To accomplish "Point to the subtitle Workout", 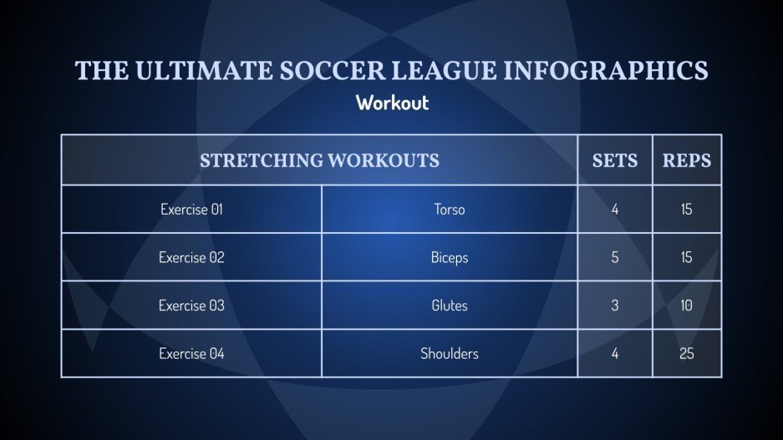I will point(392,103).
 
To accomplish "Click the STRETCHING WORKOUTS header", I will point(319,160).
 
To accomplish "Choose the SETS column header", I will point(614,160).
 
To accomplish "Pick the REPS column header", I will point(687,160).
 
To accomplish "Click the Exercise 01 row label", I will point(191,210).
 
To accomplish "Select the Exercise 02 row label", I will point(191,257).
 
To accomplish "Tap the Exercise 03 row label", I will point(191,306).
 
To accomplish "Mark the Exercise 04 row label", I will point(191,354).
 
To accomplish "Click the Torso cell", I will point(450,210).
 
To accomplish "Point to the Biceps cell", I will point(450,257).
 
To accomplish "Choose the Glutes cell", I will point(450,306).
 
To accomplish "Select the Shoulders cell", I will point(450,354).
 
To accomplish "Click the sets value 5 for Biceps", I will point(615,257).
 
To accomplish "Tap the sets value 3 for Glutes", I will point(615,306).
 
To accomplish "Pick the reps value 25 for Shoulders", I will point(687,354).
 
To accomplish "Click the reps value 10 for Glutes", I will point(687,306).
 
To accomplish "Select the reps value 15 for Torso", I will point(687,210).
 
